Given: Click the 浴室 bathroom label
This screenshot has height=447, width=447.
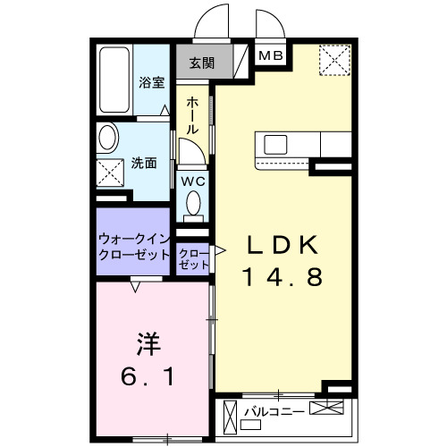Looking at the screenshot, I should pos(151,82).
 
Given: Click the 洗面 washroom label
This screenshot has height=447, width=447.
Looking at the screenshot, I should pos(144,163).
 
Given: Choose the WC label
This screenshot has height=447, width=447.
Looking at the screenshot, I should pos(194,181).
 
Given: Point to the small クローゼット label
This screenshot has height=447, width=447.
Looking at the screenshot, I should pos(193,259).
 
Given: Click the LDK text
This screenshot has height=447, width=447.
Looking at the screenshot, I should pos(282,245).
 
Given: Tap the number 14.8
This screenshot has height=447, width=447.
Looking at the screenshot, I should pos(282,278).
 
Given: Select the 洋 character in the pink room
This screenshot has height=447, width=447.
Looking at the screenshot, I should pos(148,344).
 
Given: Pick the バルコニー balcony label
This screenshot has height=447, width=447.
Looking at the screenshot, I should pos(275,411).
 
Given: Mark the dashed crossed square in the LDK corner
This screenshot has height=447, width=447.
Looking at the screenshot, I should pos(336,61).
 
